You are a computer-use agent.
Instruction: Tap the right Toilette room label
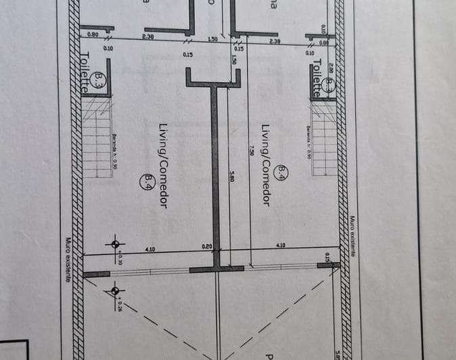point(317,78)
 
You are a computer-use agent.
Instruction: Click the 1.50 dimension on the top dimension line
point(212,39)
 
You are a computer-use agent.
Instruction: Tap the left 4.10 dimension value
point(150,249)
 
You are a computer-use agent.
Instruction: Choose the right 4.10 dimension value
point(280,245)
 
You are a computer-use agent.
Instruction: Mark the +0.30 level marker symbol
point(115,244)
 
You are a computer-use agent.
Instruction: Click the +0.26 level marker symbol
point(115,292)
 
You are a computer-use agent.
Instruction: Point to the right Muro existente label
point(352,236)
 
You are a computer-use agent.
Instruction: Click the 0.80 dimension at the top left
point(93,35)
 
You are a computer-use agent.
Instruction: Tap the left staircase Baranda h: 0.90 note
point(117,148)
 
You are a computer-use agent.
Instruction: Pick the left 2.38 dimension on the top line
point(147,37)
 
